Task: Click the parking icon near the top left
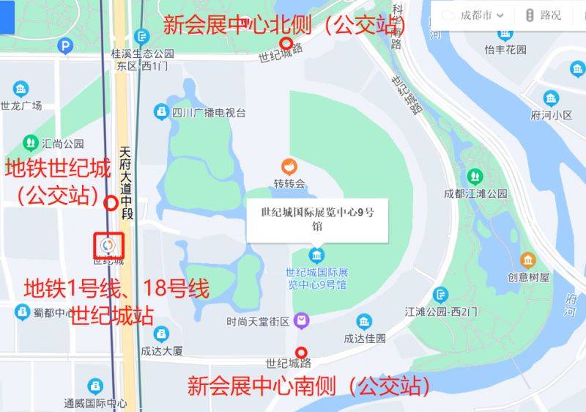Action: pos(66,47)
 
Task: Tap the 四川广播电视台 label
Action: pos(208,112)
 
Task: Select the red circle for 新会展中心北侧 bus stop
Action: pos(286,43)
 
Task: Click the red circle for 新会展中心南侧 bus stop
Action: pos(300,353)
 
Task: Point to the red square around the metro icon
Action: pos(108,244)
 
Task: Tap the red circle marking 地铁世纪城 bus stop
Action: pos(111,203)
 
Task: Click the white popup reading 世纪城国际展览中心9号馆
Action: pos(317,220)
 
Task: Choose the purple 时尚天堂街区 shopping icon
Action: pos(300,321)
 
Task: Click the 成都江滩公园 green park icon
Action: pos(475,177)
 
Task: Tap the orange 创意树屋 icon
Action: pos(528,260)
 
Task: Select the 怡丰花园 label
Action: pos(505,49)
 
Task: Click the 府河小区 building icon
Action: pos(551,99)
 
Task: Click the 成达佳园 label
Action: pos(365,339)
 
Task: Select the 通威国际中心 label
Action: pos(95,402)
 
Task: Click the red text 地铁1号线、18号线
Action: pos(117,288)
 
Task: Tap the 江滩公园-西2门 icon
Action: pos(440,295)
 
